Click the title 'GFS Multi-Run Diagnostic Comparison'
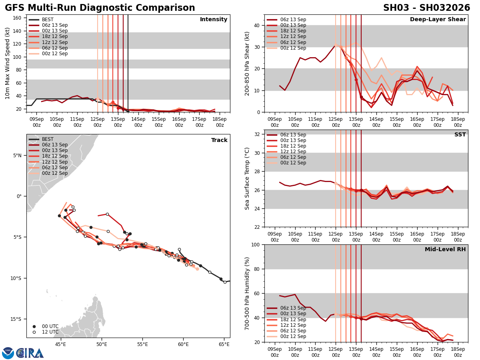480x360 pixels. pos(100,8)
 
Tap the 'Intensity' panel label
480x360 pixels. pos(214,20)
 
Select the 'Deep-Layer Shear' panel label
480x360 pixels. pos(438,20)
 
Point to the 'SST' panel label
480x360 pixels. pos(460,135)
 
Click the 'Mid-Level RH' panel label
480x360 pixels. pos(445,250)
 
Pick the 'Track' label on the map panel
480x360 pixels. pos(219,140)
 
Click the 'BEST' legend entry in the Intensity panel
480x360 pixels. pos(47,20)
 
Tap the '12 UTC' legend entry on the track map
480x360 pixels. pos(50,332)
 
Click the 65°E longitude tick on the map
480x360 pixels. pos(224,344)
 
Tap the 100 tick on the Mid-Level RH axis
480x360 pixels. pos(256,244)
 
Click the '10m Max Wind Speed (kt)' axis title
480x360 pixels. pos(8,63)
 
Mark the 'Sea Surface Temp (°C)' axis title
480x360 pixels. pos(247,178)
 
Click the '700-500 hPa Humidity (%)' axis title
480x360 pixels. pos(247,293)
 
